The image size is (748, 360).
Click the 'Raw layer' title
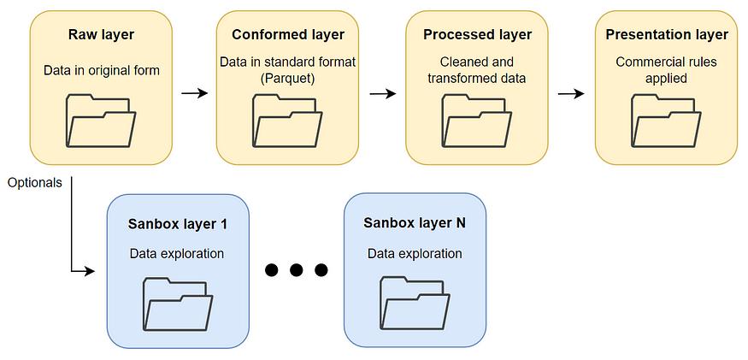101,35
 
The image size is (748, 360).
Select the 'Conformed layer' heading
287,35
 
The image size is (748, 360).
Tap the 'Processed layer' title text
477,35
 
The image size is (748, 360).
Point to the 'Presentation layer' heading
667,35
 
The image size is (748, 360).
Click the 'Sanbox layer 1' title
178,224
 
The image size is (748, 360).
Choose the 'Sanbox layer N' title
415,224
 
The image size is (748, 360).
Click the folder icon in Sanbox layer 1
178,304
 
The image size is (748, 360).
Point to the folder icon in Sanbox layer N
415,304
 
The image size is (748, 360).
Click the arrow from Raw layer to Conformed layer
195,91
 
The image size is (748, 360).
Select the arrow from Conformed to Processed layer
383,91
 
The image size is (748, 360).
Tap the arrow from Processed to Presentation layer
570,91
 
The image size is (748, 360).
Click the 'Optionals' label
34,182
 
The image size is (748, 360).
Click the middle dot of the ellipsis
297,270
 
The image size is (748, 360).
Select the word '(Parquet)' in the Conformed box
287,79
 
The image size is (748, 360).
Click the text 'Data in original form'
101,69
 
